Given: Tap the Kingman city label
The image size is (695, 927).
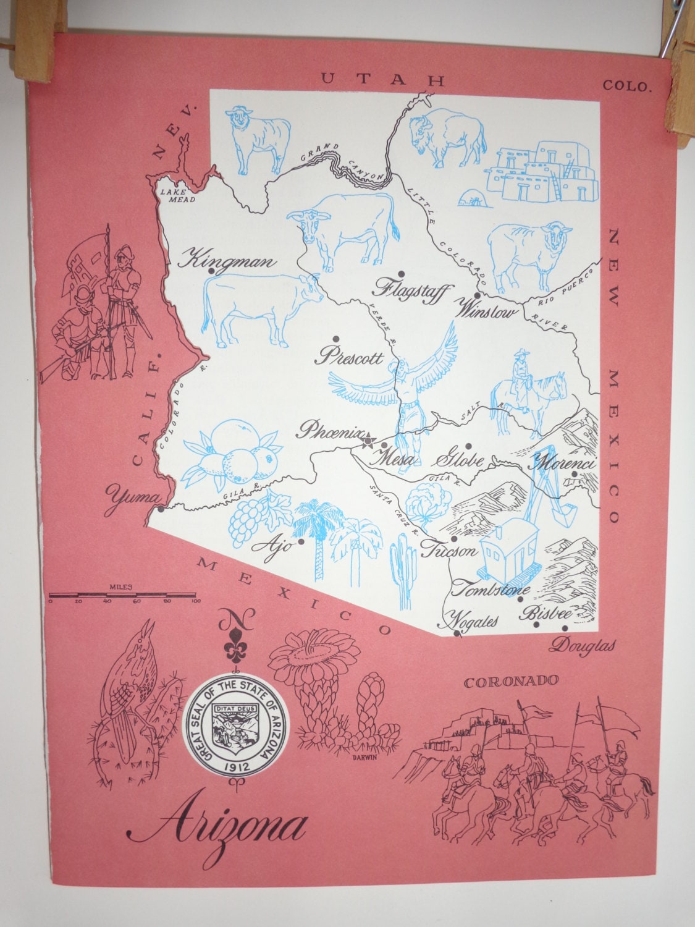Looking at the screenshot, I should [225, 260].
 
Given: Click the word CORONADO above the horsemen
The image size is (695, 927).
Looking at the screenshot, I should [511, 682].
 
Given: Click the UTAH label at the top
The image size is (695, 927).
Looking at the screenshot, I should [383, 79].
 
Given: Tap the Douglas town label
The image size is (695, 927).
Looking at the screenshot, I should [583, 645].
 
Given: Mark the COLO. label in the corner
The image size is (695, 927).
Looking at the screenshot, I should [628, 85].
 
